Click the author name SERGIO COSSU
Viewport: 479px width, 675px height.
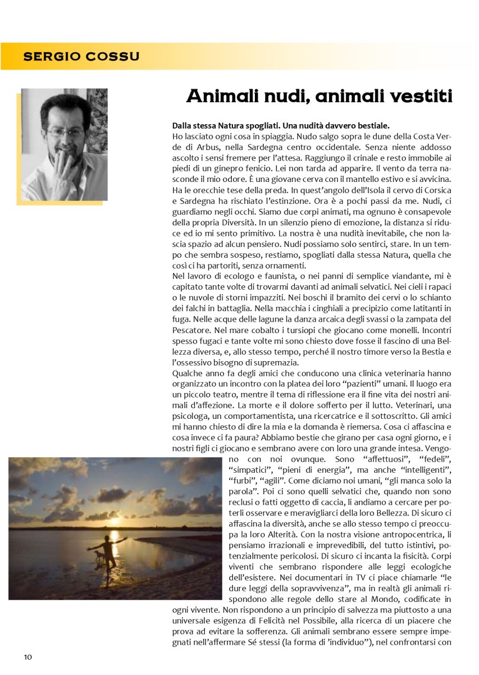[x=81, y=57]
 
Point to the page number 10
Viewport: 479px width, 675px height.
[x=27, y=657]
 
